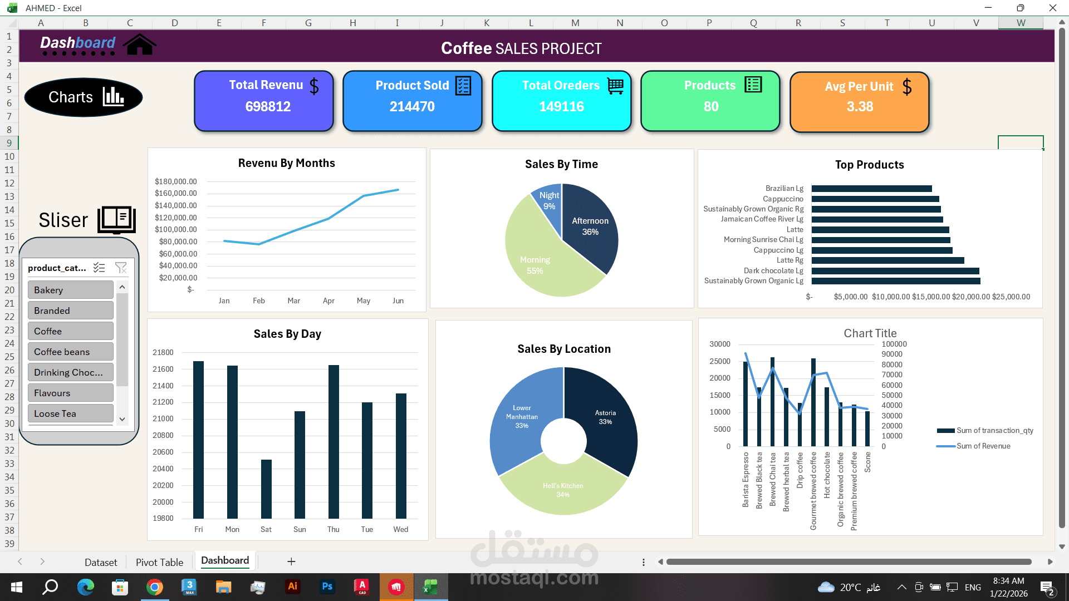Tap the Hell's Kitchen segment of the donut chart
(562, 490)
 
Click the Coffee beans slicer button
(70, 352)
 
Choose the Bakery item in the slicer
(70, 290)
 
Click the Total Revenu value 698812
(268, 106)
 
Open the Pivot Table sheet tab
(159, 562)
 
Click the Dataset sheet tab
(101, 562)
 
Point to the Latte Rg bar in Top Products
(887, 260)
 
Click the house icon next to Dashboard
(140, 45)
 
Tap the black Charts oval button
(84, 97)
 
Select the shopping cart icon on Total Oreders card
(615, 86)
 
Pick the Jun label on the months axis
(398, 300)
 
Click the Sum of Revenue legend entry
(983, 446)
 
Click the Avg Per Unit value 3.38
(860, 106)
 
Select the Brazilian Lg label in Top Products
(784, 189)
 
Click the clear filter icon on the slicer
(121, 268)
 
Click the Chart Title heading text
(870, 333)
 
